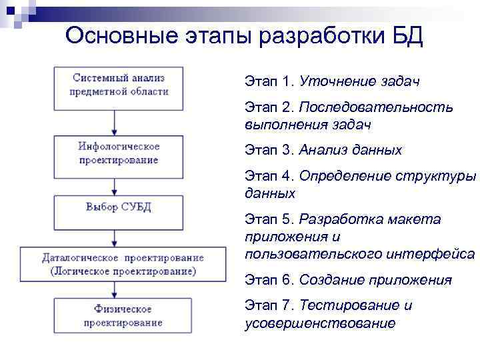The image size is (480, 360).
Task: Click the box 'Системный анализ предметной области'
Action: tap(119, 85)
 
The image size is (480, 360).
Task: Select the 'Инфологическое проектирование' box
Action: tap(118, 153)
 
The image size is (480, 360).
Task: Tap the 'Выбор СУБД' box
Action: tap(118, 207)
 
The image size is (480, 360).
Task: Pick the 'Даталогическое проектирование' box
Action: tap(119, 264)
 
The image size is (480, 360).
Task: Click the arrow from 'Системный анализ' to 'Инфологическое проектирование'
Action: tap(117, 122)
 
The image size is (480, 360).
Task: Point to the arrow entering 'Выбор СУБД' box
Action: tap(117, 187)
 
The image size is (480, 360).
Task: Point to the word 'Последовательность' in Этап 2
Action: tap(376, 108)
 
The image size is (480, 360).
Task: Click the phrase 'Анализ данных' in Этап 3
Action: tap(351, 150)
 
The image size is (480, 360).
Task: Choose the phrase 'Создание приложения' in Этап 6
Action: tap(375, 281)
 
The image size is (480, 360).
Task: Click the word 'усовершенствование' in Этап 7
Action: tap(320, 323)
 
